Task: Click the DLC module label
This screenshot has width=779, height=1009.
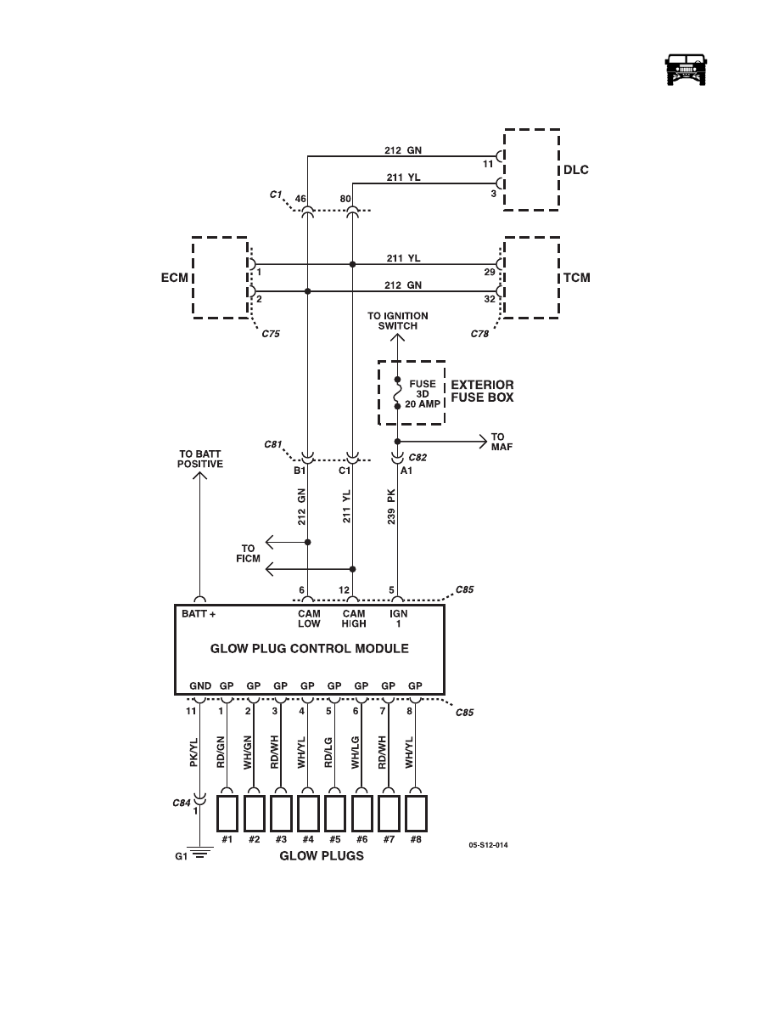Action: tap(576, 170)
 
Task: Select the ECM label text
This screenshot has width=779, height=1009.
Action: tap(175, 278)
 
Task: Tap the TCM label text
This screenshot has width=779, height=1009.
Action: tap(576, 278)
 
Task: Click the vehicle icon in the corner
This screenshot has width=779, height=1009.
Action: tap(686, 69)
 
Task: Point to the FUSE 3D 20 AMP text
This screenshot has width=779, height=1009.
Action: tap(423, 394)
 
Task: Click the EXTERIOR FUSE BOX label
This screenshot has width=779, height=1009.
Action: tap(482, 392)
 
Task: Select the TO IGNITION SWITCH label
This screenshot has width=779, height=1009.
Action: tap(398, 320)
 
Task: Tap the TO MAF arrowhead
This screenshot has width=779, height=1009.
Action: tap(482, 442)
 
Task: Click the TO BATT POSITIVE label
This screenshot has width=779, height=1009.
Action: tap(200, 459)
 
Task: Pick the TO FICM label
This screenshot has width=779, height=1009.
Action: tap(248, 554)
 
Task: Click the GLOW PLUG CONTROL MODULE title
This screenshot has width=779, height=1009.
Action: tap(309, 649)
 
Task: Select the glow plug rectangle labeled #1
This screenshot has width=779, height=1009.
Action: tap(227, 814)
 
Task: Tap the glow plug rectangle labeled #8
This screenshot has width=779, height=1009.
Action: tap(417, 814)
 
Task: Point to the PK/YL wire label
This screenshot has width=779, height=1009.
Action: tap(193, 753)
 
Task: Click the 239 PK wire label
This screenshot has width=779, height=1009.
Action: tap(391, 506)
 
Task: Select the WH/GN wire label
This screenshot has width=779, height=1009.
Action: tap(248, 753)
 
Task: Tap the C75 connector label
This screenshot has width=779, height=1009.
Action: tap(271, 334)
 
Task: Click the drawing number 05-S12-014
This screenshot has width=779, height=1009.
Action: tap(489, 845)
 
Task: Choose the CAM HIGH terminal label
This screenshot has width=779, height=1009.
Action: tap(354, 618)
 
